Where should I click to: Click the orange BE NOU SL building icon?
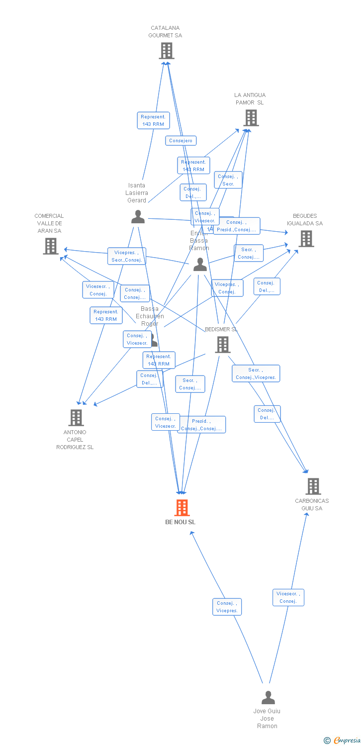pos(182,508)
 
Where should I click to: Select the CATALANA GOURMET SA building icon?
pos(166,50)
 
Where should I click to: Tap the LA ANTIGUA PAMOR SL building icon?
pos(251,118)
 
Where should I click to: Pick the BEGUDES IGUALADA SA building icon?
pos(306,239)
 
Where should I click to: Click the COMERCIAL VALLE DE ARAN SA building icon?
pos(50,246)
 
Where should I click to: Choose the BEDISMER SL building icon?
pos(222,344)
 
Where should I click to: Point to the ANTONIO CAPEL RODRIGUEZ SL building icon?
pos(76,417)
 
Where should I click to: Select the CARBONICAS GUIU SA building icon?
pos(313,486)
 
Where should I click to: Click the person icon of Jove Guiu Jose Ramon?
pos(268,697)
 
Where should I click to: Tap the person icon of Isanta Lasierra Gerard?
pos(138,217)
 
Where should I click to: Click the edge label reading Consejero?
pos(181,141)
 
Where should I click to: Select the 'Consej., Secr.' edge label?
pos(228,180)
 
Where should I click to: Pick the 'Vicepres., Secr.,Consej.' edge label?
pos(127,256)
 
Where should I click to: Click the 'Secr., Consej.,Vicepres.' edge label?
pos(256,373)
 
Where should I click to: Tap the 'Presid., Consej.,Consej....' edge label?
pos(201,425)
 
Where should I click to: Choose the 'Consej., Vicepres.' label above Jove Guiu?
pos(227,607)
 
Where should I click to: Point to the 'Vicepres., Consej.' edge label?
pos(227,288)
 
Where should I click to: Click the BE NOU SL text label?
pos(181,522)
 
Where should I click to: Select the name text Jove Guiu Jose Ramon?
pos(267,719)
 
